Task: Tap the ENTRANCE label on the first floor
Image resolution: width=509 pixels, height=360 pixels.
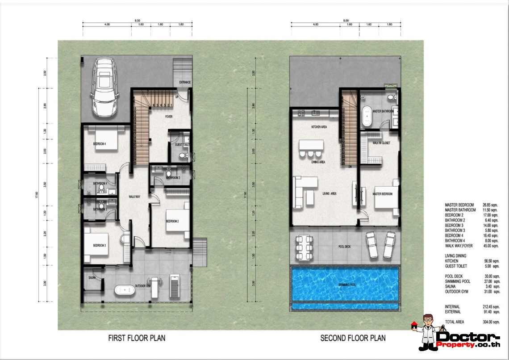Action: (184, 83)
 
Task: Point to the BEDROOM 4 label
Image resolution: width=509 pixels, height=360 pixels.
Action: (99, 144)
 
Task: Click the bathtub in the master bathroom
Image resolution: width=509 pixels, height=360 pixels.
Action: (367, 116)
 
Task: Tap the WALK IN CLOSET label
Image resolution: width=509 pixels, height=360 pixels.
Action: (381, 143)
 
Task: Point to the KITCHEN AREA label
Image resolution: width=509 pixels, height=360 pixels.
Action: (319, 127)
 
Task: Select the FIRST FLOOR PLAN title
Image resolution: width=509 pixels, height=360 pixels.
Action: (137, 338)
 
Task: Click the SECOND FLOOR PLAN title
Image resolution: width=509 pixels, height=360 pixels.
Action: (353, 338)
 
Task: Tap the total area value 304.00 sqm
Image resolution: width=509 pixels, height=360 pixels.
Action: (491, 322)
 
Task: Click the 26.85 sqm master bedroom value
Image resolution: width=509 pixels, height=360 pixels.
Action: (491, 205)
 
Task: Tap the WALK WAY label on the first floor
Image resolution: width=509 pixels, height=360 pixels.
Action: (135, 196)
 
